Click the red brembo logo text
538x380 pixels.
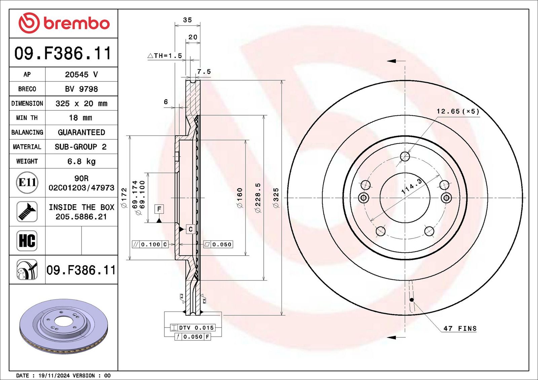(76, 24)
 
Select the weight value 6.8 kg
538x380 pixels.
(81, 161)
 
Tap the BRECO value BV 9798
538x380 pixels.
(81, 89)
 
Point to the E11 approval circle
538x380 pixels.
(27, 182)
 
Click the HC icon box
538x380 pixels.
(27, 241)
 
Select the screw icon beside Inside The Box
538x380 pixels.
(27, 212)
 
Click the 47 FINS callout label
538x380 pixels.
(460, 328)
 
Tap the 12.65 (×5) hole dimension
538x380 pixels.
(458, 111)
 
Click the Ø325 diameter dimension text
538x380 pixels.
(276, 198)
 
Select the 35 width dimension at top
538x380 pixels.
(187, 20)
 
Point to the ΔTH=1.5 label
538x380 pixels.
(165, 56)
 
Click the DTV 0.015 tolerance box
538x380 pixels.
(192, 328)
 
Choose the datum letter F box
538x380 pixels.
(159, 209)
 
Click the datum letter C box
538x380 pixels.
(191, 229)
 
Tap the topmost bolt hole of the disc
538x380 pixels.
(405, 156)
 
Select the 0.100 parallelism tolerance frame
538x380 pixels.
(150, 244)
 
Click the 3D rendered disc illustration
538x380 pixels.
(64, 326)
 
